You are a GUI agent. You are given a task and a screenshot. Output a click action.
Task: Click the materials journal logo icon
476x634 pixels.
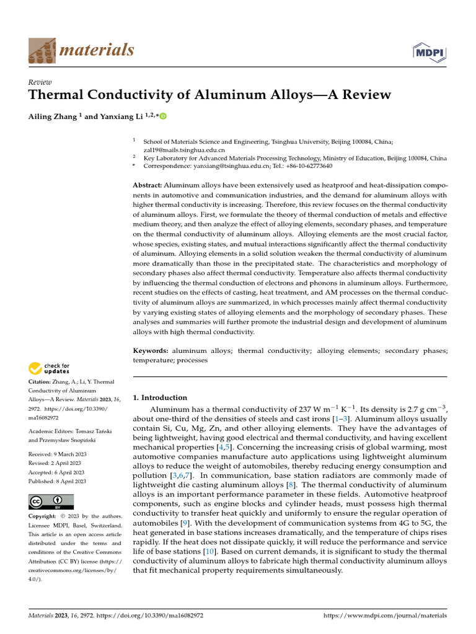[x=42, y=50]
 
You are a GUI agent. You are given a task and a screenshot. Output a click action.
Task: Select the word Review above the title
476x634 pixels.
[x=40, y=82]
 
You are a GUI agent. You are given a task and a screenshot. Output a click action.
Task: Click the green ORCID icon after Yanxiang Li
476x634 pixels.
[x=164, y=116]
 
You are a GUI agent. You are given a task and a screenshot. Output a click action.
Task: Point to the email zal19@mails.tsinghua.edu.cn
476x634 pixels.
[x=184, y=149]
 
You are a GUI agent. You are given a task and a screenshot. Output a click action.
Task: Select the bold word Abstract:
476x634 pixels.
[x=148, y=185]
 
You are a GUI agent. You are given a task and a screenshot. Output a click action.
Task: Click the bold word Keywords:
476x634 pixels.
[x=151, y=351]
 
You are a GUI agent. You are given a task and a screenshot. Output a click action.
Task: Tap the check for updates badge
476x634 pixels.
[x=50, y=369]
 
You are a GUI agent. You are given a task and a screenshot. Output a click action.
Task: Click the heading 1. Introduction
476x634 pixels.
[x=160, y=397]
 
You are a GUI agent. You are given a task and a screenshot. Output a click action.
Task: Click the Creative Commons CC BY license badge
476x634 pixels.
[x=51, y=502]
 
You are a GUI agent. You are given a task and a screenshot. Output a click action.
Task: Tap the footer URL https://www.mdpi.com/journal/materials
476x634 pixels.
[x=386, y=617]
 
